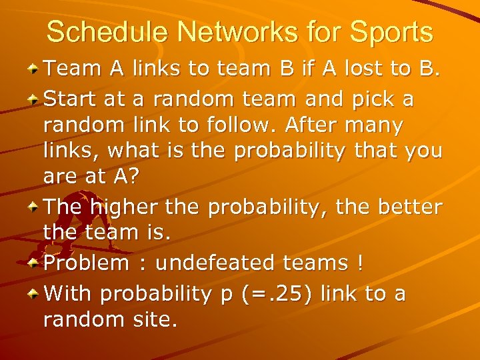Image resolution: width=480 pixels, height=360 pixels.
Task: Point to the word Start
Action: [71, 100]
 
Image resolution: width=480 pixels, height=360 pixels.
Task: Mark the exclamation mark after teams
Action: [360, 263]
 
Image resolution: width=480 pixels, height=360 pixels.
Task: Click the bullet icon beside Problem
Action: [32, 262]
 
